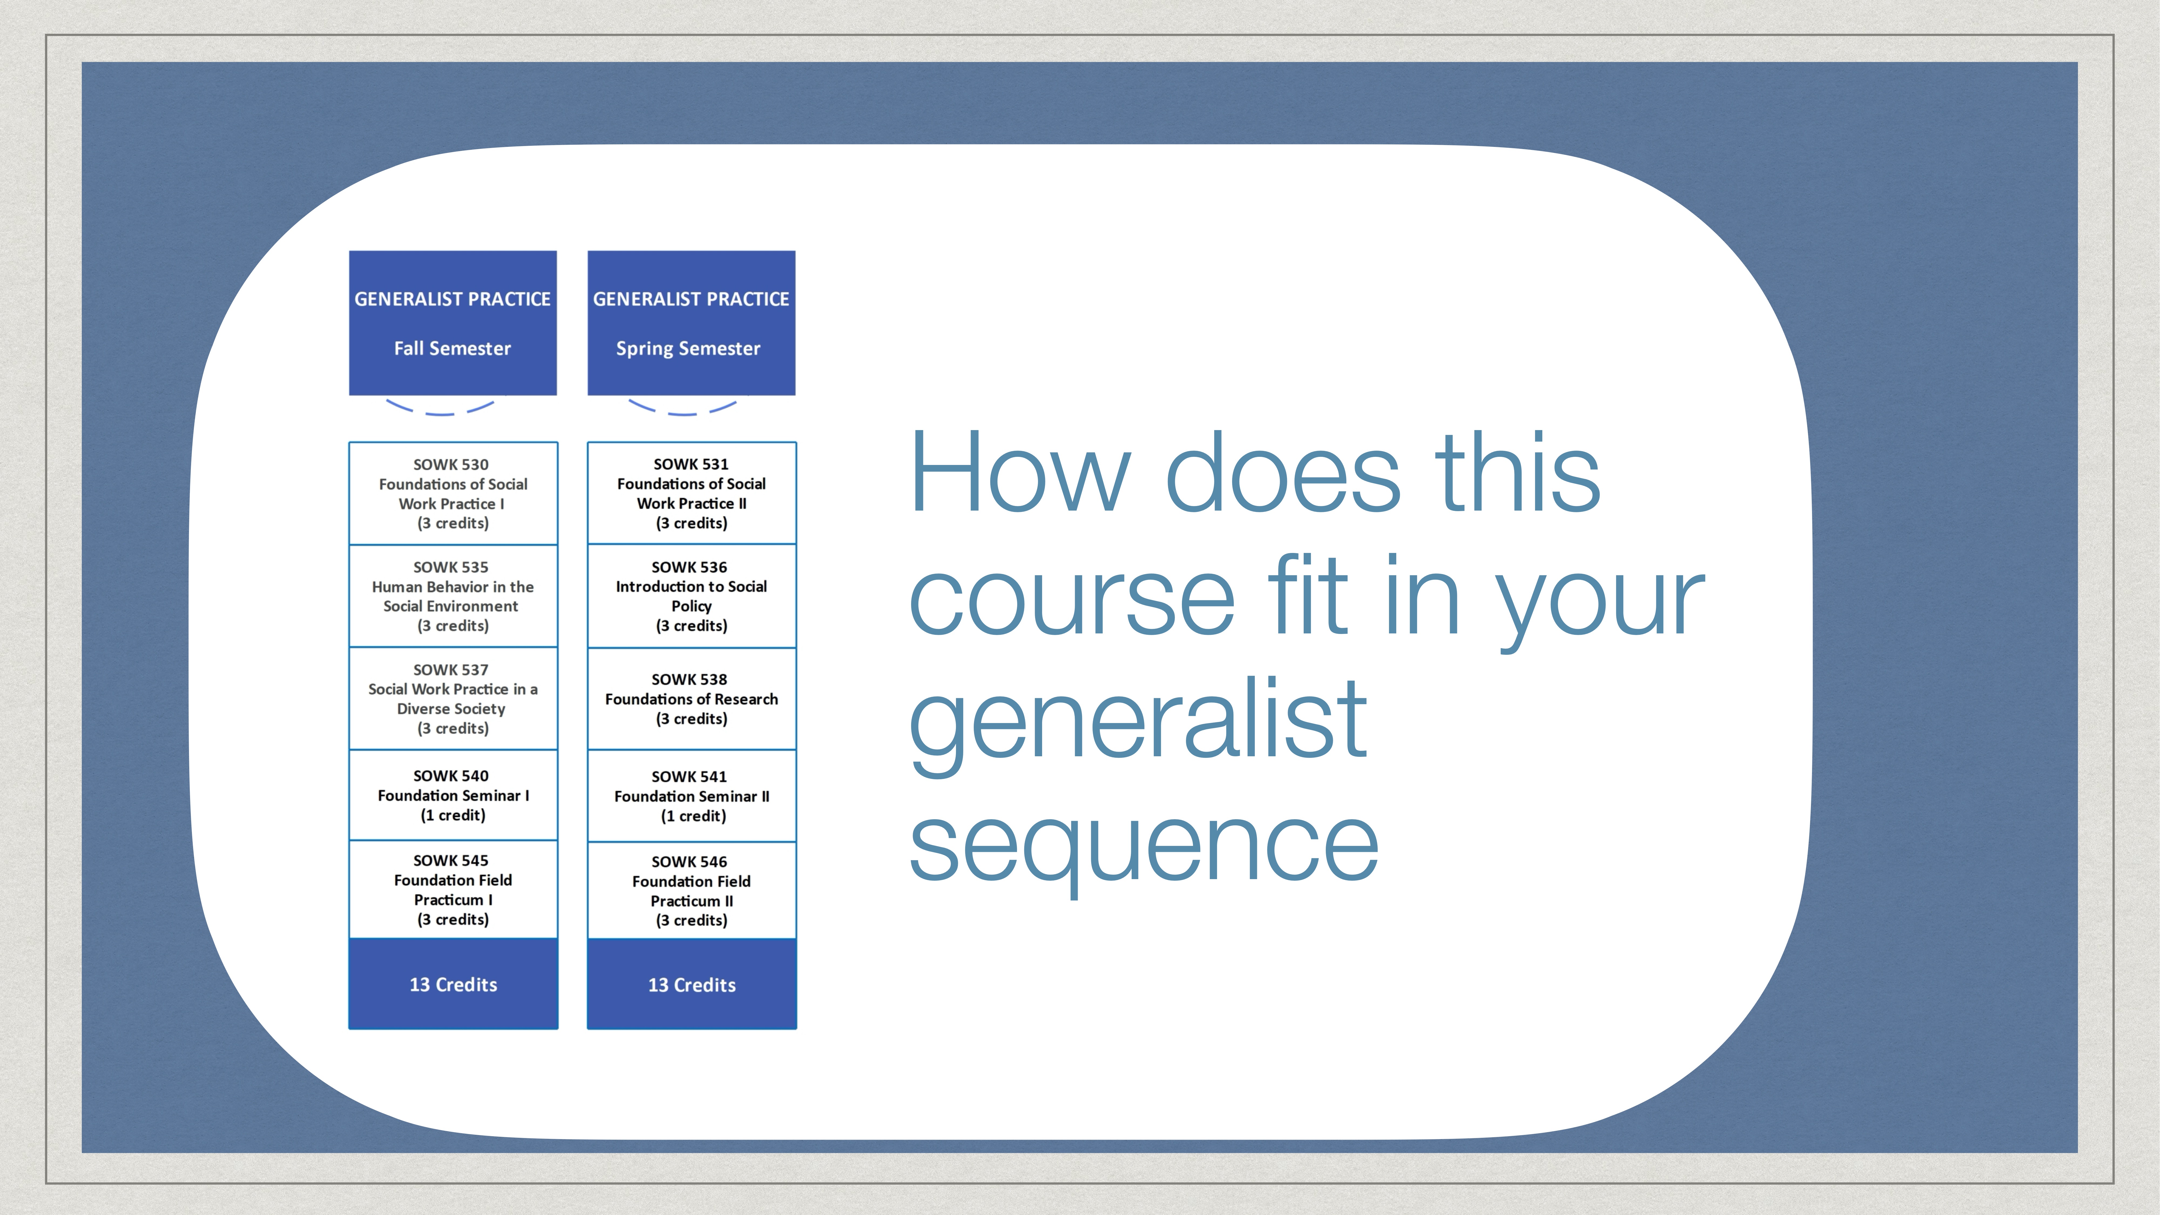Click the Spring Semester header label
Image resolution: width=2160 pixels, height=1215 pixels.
[x=688, y=348]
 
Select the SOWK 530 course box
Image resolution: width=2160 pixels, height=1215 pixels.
[x=453, y=493]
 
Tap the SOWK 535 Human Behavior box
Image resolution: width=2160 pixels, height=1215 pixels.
[x=453, y=596]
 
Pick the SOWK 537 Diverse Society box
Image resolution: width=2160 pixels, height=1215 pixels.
[x=453, y=698]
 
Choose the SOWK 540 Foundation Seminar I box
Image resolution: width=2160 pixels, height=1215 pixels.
[x=453, y=795]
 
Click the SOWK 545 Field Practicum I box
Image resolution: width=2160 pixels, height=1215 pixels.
[x=453, y=890]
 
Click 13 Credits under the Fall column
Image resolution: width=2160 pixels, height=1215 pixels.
[x=453, y=984]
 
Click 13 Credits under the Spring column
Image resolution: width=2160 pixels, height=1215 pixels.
[x=692, y=984]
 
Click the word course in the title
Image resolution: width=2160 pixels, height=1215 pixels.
[x=1071, y=597]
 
